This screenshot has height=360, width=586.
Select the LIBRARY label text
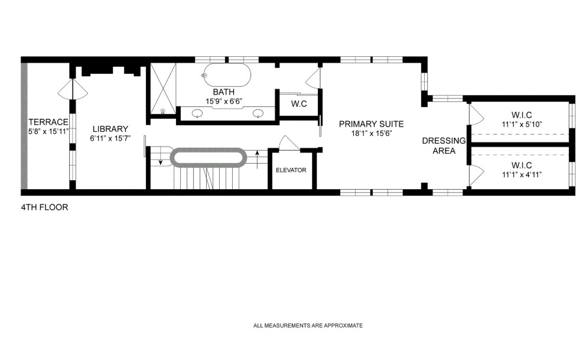pyautogui.click(x=110, y=129)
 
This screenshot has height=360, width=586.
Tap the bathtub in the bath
pyautogui.click(x=227, y=76)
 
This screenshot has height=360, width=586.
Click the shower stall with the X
pyautogui.click(x=162, y=88)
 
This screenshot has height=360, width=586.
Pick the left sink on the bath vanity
pyautogui.click(x=197, y=113)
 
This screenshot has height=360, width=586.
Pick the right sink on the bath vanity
pyautogui.click(x=258, y=113)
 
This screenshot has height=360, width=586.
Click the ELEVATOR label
pyautogui.click(x=291, y=170)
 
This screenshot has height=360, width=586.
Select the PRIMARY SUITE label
pyautogui.click(x=371, y=124)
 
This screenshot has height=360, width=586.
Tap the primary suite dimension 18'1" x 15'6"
pyautogui.click(x=371, y=134)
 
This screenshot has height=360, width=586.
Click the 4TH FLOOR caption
pyautogui.click(x=44, y=207)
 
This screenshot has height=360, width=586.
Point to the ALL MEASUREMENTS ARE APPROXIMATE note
pyautogui.click(x=308, y=325)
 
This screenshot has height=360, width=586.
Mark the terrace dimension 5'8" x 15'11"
pyautogui.click(x=48, y=131)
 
